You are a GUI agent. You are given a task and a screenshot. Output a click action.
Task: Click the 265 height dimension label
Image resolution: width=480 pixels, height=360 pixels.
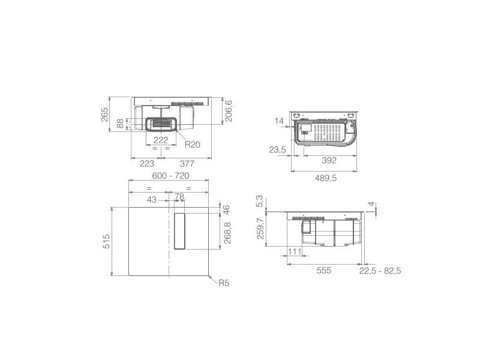tap(104, 114)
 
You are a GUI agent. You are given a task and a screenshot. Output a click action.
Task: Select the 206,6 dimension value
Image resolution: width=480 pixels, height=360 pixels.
tap(229, 111)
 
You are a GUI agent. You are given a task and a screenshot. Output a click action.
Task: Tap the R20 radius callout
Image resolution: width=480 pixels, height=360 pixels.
tap(192, 144)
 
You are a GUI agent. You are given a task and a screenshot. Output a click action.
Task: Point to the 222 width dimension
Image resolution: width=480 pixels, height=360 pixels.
tap(161, 140)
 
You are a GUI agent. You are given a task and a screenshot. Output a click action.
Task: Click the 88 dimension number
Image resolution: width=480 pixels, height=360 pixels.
tap(121, 124)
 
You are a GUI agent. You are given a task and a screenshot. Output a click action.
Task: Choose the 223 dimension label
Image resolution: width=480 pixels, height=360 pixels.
tap(146, 164)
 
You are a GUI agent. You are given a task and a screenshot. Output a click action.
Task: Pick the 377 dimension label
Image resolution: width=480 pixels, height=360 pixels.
tap(187, 164)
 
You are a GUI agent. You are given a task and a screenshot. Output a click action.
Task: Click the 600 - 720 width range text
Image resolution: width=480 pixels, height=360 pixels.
tap(171, 176)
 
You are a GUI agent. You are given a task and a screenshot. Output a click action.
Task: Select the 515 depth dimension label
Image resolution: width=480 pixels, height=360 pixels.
tap(106, 241)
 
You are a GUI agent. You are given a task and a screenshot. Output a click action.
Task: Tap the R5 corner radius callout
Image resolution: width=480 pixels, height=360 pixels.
tap(224, 283)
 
